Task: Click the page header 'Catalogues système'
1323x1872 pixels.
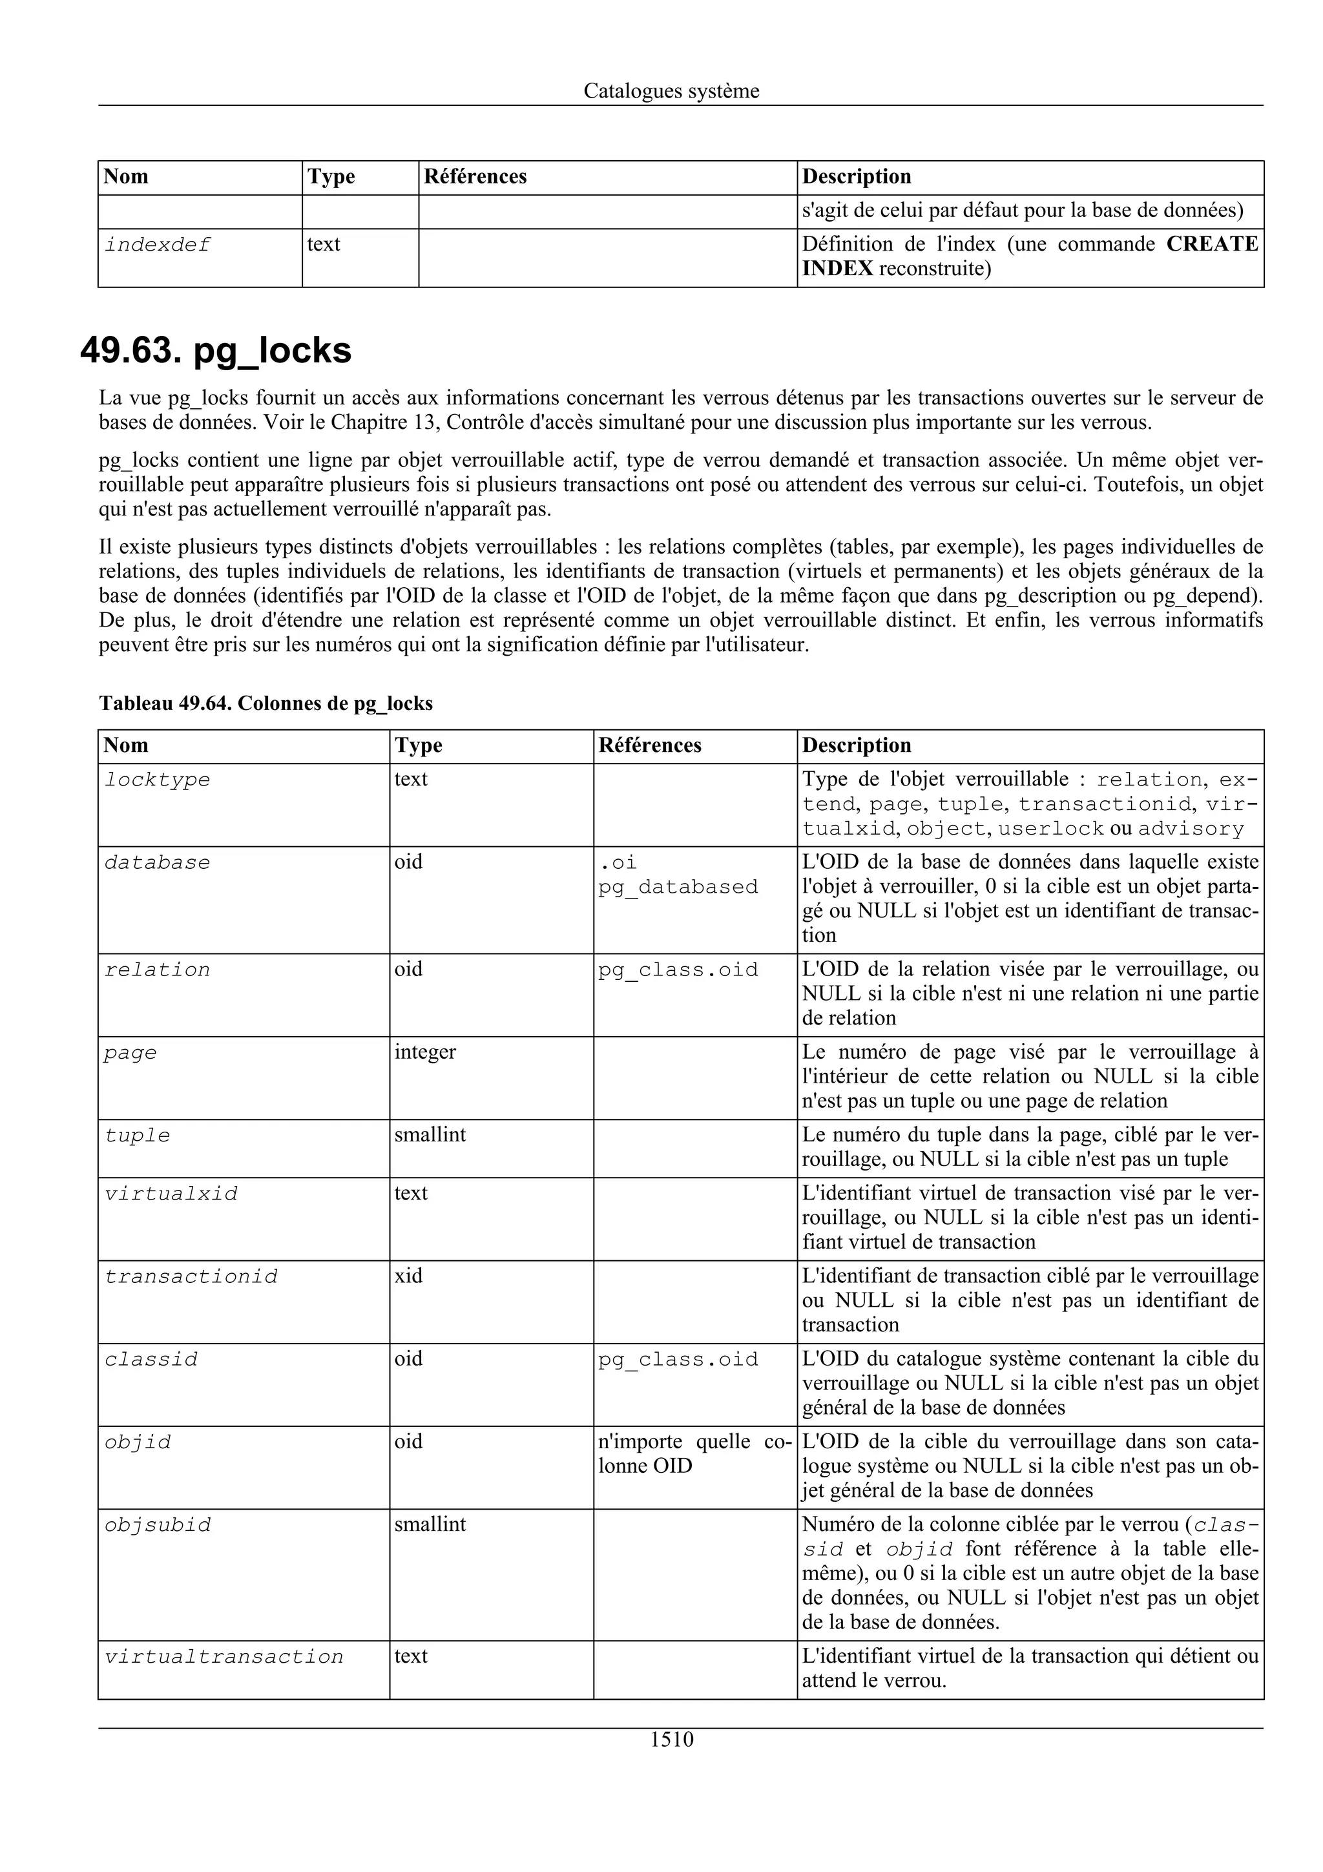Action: point(671,91)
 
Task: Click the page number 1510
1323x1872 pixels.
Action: point(671,1739)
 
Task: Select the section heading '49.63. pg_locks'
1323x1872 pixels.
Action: point(216,351)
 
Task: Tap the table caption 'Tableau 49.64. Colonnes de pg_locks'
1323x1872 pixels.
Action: point(266,703)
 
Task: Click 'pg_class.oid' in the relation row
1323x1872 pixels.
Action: point(678,970)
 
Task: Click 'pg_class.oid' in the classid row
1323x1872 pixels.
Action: point(678,1359)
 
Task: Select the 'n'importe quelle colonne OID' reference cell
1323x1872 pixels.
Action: point(694,1453)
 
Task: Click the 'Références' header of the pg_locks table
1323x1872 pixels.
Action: point(650,745)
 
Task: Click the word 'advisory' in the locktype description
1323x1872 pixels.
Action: point(1191,829)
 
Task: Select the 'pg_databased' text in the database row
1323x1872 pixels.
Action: point(678,886)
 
